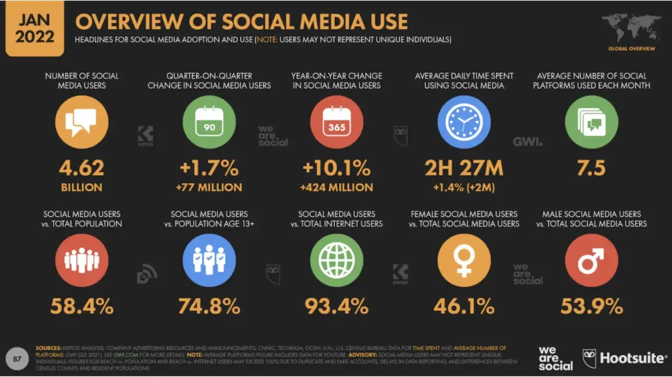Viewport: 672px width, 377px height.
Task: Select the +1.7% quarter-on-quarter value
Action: tap(210, 168)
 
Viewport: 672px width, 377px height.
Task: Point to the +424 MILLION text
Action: tap(337, 187)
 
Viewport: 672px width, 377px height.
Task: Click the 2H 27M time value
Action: tap(464, 168)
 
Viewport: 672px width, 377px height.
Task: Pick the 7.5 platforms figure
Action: tap(591, 168)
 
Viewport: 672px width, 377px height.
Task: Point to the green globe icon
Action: tap(337, 260)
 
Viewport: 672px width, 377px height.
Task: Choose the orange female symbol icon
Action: tap(464, 260)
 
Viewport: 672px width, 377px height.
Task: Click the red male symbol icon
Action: tap(591, 260)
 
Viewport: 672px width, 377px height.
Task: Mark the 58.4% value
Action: tap(82, 306)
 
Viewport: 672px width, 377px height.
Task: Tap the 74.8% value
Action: tap(209, 306)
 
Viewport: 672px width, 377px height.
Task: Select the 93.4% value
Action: tap(337, 306)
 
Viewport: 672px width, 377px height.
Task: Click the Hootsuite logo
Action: tap(624, 357)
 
